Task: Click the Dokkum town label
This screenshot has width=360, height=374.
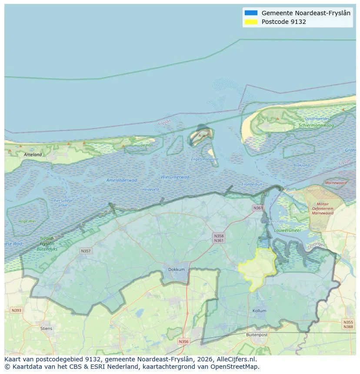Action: coord(176,269)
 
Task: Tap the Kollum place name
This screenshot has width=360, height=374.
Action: coord(259,311)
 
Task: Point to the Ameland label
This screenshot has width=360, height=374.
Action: coord(33,154)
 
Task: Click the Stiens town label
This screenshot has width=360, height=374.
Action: coord(46,328)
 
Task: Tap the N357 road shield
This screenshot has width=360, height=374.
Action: coord(86,251)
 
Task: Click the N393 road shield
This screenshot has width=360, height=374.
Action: coord(16,310)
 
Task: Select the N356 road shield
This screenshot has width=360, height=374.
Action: coord(183,341)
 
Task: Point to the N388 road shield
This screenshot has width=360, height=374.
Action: coord(348,327)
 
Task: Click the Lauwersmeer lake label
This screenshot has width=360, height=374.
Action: coord(287,230)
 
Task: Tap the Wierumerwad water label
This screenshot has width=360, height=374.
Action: coord(175,177)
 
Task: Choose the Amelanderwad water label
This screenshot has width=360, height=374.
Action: coord(122,180)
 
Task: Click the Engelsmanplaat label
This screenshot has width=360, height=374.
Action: coord(205,159)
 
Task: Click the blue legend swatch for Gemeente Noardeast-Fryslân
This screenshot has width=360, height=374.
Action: coord(251,13)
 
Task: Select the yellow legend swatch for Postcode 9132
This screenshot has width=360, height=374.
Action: coord(251,22)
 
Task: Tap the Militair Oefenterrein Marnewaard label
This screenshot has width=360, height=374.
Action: coord(323,209)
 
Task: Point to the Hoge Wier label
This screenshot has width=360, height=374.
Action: coord(27,221)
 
